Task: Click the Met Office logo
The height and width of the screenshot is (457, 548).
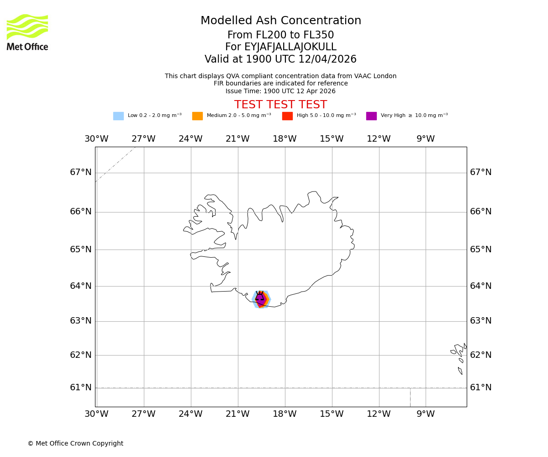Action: pyautogui.click(x=27, y=32)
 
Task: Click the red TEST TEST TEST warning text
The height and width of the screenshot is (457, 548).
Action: pyautogui.click(x=280, y=105)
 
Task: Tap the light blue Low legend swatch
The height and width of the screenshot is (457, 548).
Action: pyautogui.click(x=118, y=116)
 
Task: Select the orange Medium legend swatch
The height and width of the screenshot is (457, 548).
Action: pyautogui.click(x=197, y=116)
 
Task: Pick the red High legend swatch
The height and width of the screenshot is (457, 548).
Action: pyautogui.click(x=287, y=116)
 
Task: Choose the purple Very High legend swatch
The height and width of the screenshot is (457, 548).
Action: pyautogui.click(x=371, y=116)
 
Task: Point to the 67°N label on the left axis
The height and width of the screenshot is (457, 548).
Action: pyautogui.click(x=81, y=172)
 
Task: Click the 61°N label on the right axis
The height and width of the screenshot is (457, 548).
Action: pyautogui.click(x=481, y=388)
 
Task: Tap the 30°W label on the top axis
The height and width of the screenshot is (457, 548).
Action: pyautogui.click(x=96, y=139)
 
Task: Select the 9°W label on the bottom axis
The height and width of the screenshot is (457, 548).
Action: pyautogui.click(x=426, y=414)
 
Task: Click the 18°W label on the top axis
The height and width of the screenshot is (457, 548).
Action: pyautogui.click(x=285, y=139)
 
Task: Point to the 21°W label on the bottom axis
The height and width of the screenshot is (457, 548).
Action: pyautogui.click(x=237, y=414)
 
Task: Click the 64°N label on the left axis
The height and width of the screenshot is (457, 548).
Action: pyautogui.click(x=81, y=286)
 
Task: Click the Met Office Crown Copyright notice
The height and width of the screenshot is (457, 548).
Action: pyautogui.click(x=75, y=443)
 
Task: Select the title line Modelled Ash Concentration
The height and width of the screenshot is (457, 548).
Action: pyautogui.click(x=280, y=21)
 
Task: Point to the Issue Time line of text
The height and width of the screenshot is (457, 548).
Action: pyautogui.click(x=280, y=91)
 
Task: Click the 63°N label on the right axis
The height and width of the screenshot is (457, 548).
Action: pyautogui.click(x=481, y=321)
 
